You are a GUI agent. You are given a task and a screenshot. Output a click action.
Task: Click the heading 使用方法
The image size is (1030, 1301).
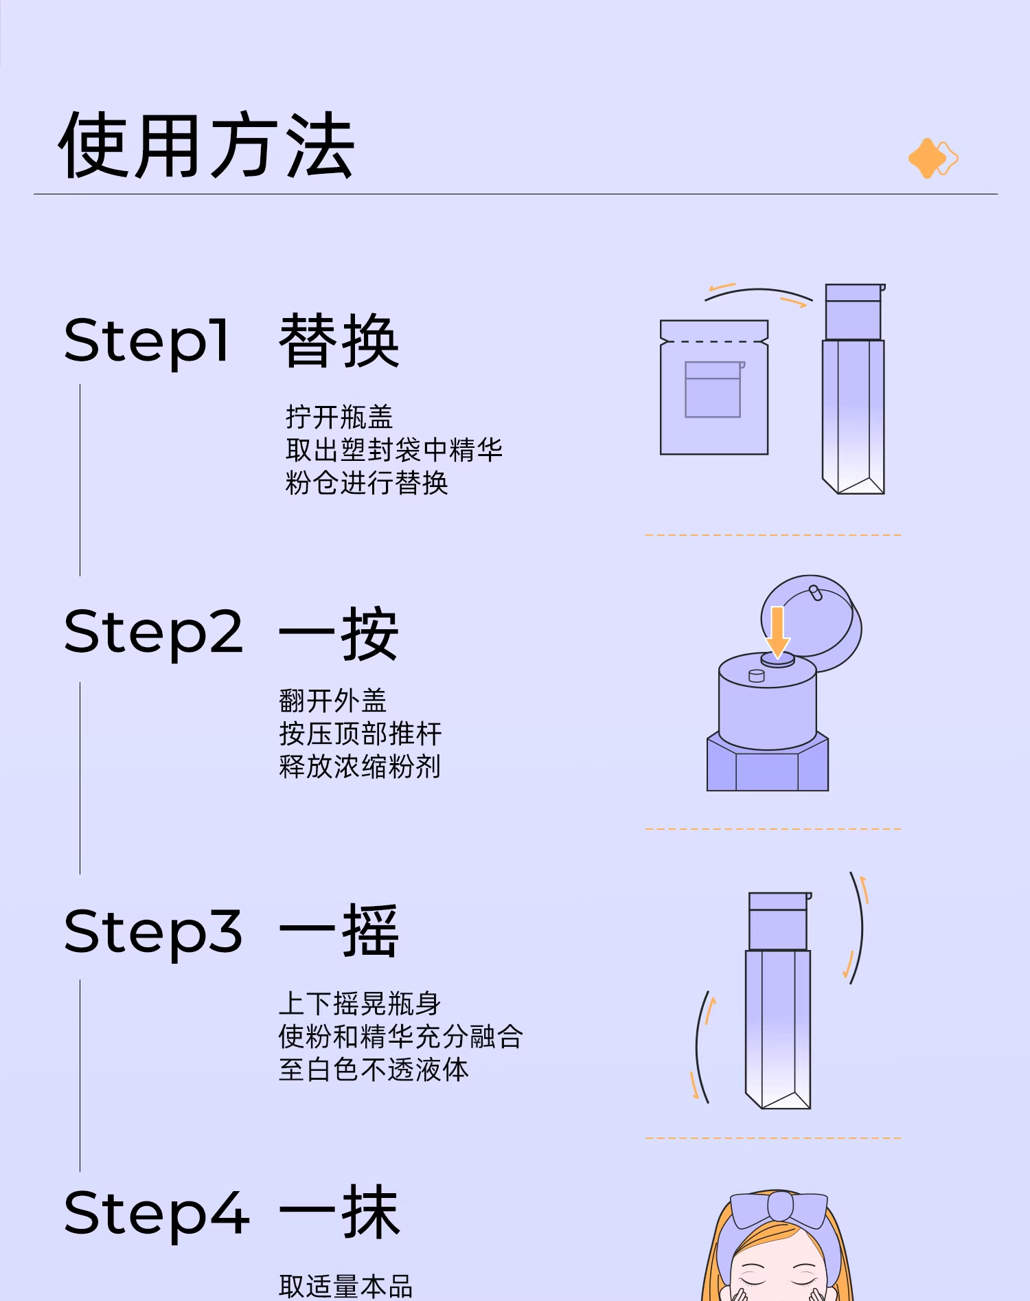206,146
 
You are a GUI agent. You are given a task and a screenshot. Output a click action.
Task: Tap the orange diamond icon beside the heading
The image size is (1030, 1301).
932,158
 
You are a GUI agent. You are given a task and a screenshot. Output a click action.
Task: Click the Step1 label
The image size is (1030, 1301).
146,341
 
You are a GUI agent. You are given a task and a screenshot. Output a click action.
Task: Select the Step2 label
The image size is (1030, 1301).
153,633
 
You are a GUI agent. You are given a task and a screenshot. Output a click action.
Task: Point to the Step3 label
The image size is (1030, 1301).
153,932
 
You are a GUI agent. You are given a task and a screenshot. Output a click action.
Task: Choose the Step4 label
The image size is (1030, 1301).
156,1214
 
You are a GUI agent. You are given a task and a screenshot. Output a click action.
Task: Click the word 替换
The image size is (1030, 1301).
339,341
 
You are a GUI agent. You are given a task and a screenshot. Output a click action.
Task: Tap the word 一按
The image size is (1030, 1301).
339,633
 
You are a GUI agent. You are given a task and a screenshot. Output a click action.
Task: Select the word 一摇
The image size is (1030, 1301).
339,932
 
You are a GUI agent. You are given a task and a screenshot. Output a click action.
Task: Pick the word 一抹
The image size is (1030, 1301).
339,1213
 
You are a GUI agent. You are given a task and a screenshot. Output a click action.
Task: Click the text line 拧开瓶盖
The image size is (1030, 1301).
339,417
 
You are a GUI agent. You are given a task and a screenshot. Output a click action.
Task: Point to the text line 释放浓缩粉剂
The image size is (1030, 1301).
360,767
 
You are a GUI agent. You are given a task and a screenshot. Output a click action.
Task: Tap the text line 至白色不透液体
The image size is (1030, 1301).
374,1070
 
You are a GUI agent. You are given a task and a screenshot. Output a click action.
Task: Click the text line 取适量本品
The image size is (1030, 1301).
345,1286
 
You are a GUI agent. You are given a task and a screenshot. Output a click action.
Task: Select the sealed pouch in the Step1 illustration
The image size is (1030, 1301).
714,388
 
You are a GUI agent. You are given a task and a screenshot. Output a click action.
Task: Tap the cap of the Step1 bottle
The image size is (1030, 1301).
854,312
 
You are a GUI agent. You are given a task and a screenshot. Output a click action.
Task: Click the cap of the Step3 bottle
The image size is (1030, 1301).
779,921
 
